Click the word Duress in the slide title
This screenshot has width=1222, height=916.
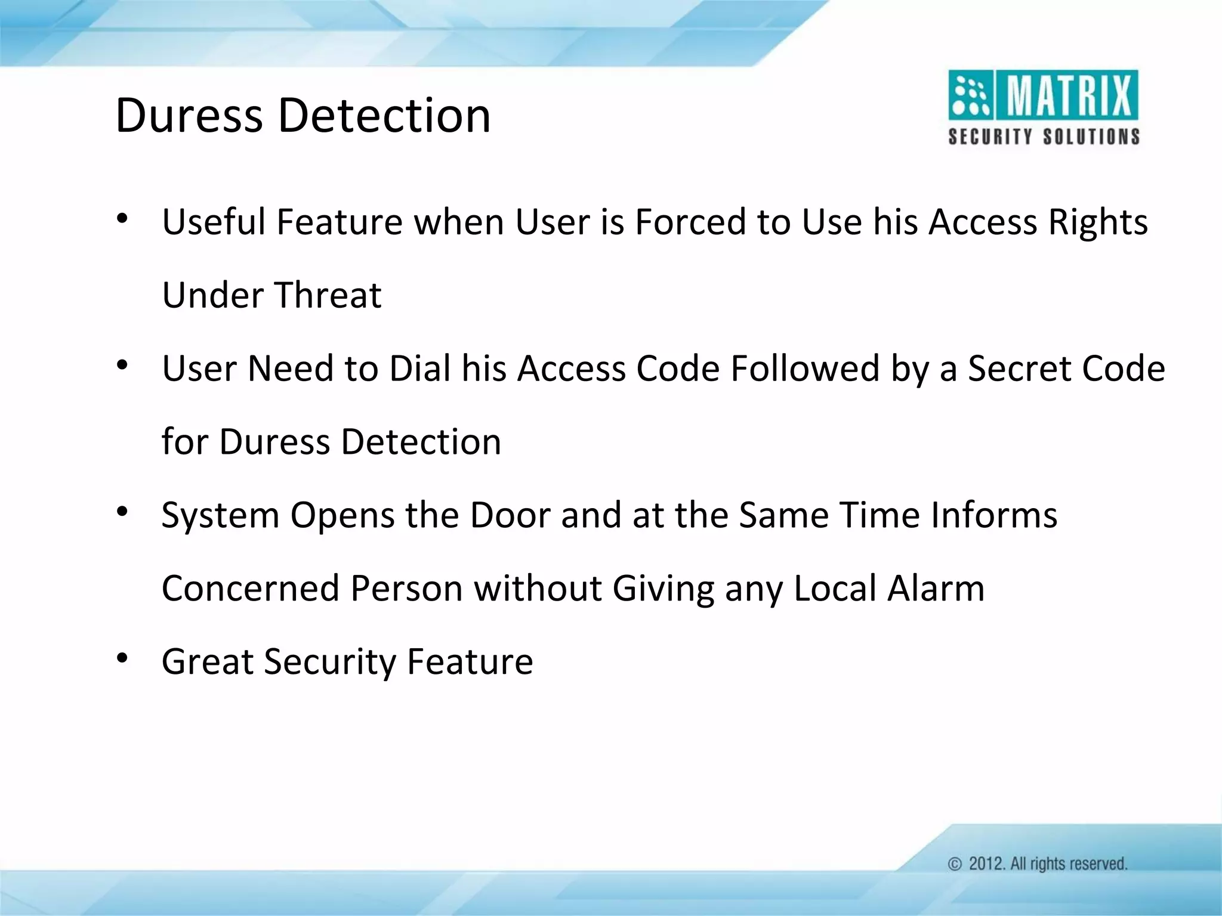(189, 115)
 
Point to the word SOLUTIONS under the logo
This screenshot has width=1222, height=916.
(1091, 137)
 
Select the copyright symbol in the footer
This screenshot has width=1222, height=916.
(955, 864)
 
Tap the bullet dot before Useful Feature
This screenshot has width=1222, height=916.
(122, 218)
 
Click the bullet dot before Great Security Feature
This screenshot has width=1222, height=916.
(122, 658)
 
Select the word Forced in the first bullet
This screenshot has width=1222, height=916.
(690, 222)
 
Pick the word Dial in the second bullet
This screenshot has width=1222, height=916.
(420, 369)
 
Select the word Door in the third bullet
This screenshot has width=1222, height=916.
(510, 515)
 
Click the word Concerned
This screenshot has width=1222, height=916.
(251, 589)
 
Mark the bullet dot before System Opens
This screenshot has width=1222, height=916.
(122, 512)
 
